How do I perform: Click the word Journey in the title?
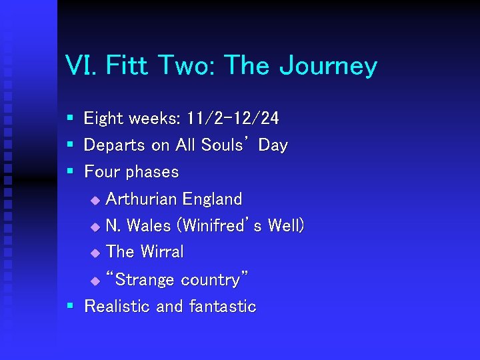pos(328,67)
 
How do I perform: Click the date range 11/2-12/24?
pos(233,119)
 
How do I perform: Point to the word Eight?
pos(103,119)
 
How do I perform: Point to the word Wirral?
pos(161,252)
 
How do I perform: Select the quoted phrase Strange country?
pos(177,280)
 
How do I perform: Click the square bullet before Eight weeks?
pos(70,119)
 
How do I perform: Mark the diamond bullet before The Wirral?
pos(94,253)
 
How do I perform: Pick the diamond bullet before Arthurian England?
pos(94,200)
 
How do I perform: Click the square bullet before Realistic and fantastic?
pos(70,307)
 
